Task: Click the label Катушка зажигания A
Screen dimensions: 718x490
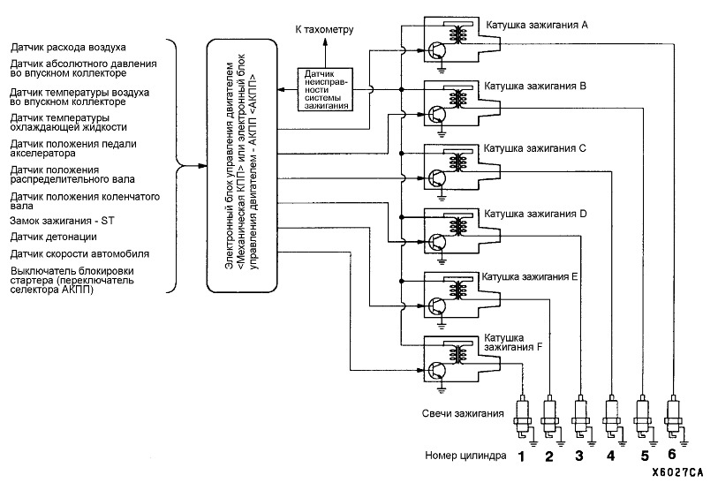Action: coord(537,25)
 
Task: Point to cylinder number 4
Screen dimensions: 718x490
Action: coord(610,456)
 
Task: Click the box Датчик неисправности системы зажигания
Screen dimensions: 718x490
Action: coord(326,90)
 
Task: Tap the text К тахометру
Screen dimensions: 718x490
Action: coord(324,30)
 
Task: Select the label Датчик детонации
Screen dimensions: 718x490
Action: coord(54,237)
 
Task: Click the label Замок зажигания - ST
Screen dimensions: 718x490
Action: coord(63,221)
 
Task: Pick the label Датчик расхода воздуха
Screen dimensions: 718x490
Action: coord(68,47)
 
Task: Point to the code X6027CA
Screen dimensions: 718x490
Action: coord(677,472)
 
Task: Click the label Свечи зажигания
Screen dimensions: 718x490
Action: coord(463,413)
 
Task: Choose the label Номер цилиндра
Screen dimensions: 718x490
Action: coord(465,456)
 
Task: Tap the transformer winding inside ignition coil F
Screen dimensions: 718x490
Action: coord(457,352)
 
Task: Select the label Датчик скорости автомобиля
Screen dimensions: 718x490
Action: coord(79,254)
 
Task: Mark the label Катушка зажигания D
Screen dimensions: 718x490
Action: coord(535,214)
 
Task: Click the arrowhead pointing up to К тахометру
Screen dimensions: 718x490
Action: coord(326,41)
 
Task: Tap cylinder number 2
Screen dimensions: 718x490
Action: coord(549,456)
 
